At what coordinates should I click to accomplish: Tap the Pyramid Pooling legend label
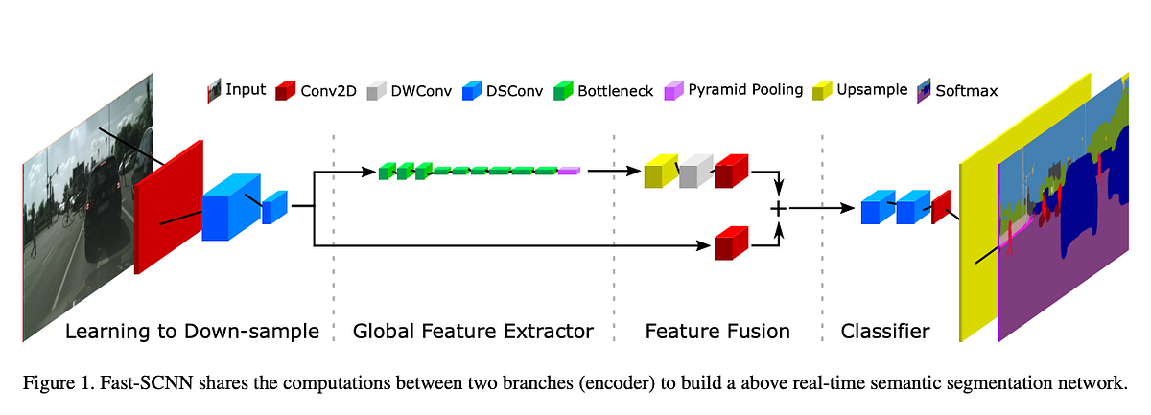point(745,90)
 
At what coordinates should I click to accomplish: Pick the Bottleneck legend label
point(615,91)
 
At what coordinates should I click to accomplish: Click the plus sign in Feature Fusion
point(779,207)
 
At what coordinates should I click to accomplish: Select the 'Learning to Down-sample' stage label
point(192,332)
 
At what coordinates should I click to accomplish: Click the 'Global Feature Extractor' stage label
point(473,332)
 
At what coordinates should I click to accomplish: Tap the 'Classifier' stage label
point(884,332)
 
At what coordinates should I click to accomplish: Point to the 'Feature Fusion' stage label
point(717,332)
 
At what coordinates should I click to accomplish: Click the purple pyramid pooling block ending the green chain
point(569,171)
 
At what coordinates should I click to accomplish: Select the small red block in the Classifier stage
point(940,206)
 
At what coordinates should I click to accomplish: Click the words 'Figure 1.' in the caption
point(55,384)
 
